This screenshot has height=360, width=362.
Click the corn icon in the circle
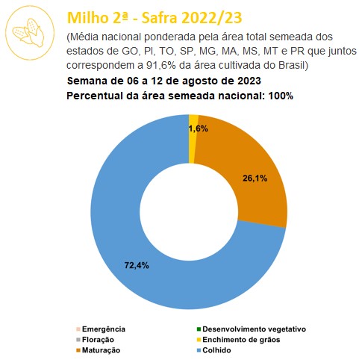[x=28, y=32]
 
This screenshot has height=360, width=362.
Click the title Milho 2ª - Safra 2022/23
[x=155, y=18]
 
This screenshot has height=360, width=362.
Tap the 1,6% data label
[x=199, y=128]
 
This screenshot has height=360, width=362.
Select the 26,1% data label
[x=255, y=179]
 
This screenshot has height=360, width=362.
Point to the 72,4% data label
[x=137, y=265]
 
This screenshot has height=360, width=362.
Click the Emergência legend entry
[x=101, y=329]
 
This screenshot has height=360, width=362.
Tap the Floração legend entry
[x=95, y=340]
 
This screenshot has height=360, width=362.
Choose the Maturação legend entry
[x=98, y=350]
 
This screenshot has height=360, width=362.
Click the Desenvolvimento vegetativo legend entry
[x=252, y=329]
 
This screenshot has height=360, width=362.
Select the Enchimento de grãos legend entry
[x=238, y=340]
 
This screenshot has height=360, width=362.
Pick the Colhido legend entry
[x=213, y=350]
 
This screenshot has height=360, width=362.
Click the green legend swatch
[x=199, y=329]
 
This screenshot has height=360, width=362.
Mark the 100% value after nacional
[x=281, y=96]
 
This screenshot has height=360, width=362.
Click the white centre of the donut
[x=189, y=212]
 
